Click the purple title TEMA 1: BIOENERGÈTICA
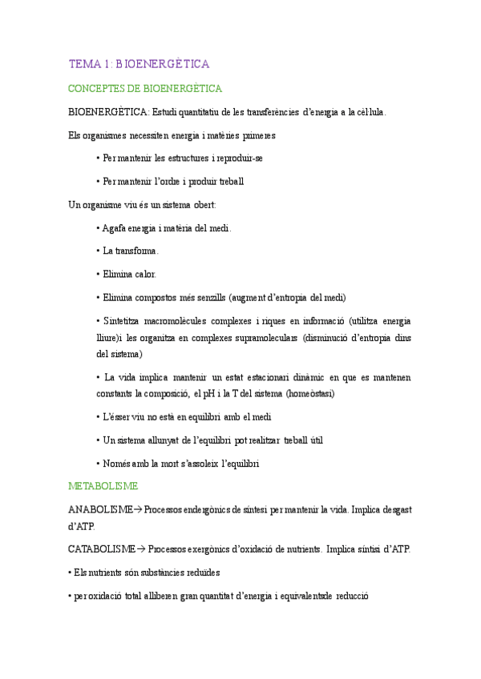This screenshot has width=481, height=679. pyautogui.click(x=139, y=63)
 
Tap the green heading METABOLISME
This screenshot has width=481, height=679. pyautogui.click(x=103, y=486)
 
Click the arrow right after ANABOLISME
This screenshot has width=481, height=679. pyautogui.click(x=137, y=509)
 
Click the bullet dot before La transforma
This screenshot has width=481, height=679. pyautogui.click(x=97, y=251)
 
